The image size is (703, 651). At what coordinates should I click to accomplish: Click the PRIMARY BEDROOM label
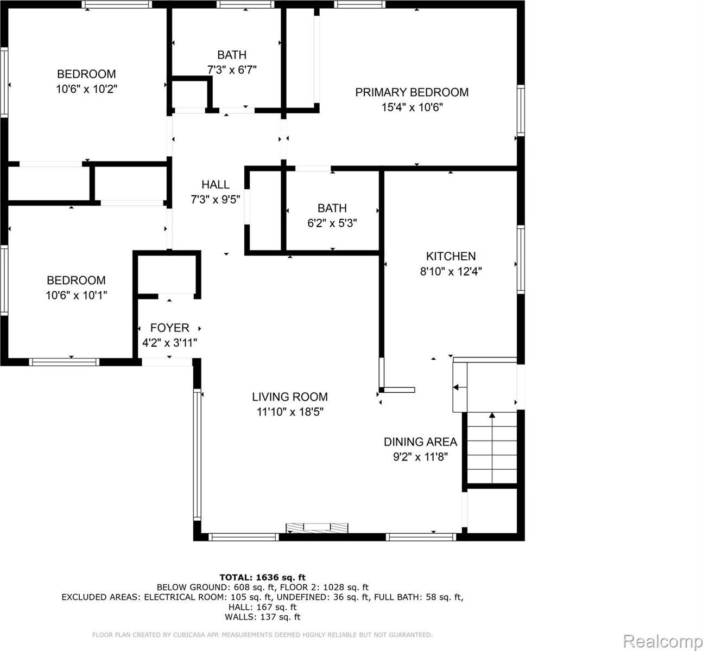coord(411,92)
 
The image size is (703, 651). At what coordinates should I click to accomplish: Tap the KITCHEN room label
coord(451,256)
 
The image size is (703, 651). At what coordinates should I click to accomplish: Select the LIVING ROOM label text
coord(290,397)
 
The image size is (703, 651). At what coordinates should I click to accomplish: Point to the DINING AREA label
coord(420,442)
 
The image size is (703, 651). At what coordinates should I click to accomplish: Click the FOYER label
coord(169,328)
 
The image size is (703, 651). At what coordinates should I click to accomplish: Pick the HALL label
coord(216,184)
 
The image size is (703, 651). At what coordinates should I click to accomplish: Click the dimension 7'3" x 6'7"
coord(232,69)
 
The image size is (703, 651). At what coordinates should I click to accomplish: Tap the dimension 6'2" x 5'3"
coord(332,223)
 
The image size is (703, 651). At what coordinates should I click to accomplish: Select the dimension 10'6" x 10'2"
coord(87,89)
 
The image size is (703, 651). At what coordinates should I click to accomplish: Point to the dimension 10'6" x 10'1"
coord(76,295)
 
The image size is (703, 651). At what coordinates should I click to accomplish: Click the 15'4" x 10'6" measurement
coord(412,107)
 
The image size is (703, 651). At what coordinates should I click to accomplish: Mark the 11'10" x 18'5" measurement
coord(290,412)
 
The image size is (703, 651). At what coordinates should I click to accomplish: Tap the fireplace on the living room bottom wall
coord(317,528)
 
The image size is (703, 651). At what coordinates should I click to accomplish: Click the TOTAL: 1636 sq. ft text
coord(262,577)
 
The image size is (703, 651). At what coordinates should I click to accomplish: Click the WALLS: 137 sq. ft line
coord(262,617)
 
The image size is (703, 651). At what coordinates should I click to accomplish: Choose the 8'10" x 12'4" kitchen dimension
coord(451,271)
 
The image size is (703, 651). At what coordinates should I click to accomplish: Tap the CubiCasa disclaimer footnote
coord(262,634)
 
